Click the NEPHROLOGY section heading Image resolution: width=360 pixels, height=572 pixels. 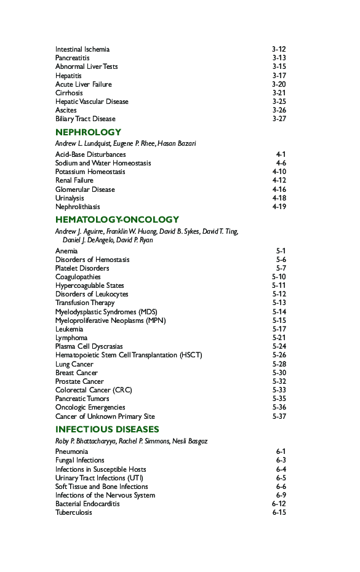click(x=88, y=132)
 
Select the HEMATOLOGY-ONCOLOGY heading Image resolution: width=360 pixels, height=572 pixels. click(x=117, y=220)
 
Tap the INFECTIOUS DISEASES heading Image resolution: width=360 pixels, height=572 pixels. click(x=107, y=429)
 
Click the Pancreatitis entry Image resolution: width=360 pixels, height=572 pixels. click(x=72, y=58)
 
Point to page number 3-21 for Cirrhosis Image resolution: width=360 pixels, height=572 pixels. click(x=279, y=93)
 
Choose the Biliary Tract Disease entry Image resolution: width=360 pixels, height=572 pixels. click(x=85, y=119)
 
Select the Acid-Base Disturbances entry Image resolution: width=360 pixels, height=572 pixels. click(x=90, y=154)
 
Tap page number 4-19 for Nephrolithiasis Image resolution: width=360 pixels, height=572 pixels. click(x=279, y=207)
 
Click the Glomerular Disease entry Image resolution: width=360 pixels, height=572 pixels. click(x=85, y=189)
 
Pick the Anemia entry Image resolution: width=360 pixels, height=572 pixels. click(x=66, y=251)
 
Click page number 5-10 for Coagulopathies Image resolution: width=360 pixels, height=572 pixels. click(x=279, y=277)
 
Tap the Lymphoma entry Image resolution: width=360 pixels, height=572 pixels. click(x=71, y=338)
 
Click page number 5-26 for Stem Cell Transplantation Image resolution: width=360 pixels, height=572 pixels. click(x=279, y=356)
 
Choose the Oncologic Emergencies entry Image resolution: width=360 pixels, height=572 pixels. click(x=90, y=407)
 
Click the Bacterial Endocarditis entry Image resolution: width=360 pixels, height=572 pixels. click(x=87, y=504)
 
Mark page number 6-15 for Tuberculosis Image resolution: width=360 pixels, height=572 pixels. click(x=279, y=512)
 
